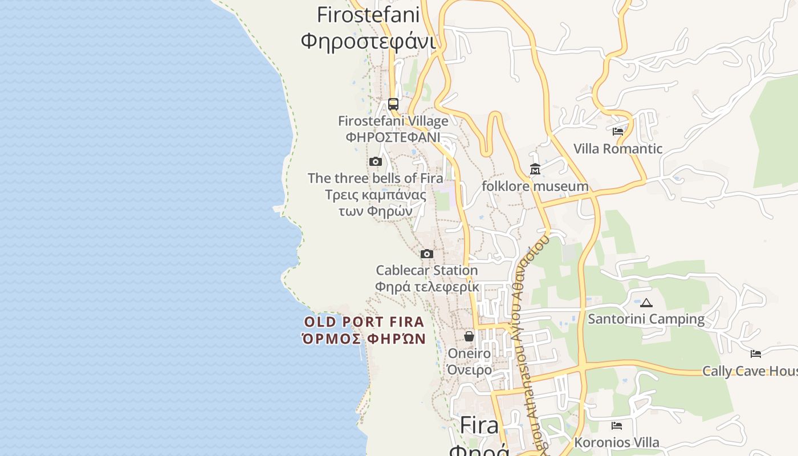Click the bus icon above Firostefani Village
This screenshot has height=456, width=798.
[393, 104]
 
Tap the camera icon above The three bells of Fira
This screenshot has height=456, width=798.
[375, 162]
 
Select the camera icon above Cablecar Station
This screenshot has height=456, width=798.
[427, 254]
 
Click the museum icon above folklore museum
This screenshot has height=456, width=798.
[535, 169]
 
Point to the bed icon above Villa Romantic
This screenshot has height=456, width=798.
[617, 132]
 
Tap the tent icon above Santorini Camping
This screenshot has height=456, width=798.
[646, 303]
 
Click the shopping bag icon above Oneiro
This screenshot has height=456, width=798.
[469, 336]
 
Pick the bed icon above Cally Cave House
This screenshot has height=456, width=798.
[756, 354]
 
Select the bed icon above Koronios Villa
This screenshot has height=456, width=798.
[616, 426]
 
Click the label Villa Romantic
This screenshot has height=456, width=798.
[618, 149]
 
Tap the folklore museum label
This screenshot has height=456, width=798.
[535, 186]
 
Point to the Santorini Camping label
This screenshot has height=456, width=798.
[646, 319]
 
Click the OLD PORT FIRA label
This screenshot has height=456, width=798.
[364, 322]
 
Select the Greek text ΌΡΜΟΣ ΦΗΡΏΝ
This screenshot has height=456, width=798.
[364, 339]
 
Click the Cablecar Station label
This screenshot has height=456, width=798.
[427, 270]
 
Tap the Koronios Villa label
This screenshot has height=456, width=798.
[616, 442]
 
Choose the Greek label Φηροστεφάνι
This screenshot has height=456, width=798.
[368, 41]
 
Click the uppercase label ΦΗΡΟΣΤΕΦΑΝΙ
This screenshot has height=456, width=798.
[393, 137]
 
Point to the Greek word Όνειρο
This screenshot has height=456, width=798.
[469, 370]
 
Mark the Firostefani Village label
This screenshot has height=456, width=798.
[393, 121]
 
